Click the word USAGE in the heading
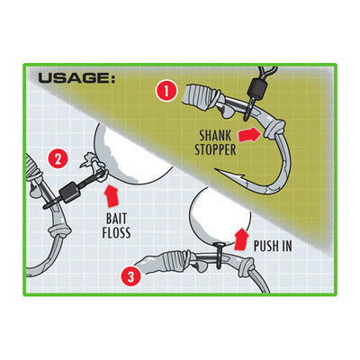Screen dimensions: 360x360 tap(75, 78)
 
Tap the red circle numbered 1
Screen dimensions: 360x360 tap(166, 91)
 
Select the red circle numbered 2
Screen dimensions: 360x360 tap(58, 158)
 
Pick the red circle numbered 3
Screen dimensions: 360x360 tap(131, 276)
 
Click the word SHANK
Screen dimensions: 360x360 tap(215, 136)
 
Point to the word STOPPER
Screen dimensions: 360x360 tap(215, 149)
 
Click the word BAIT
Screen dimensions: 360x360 tap(117, 219)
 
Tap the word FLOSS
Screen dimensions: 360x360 tap(116, 232)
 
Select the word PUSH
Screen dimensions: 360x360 tap(265, 246)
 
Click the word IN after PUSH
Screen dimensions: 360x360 tap(286, 246)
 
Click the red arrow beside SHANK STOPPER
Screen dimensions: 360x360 tap(249, 134)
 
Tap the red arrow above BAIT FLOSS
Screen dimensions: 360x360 tap(112, 195)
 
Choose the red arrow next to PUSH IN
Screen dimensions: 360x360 tap(241, 238)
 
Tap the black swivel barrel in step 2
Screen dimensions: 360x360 tap(70, 192)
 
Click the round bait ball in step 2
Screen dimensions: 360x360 tap(132, 155)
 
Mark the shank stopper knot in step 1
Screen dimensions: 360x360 tap(275, 130)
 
